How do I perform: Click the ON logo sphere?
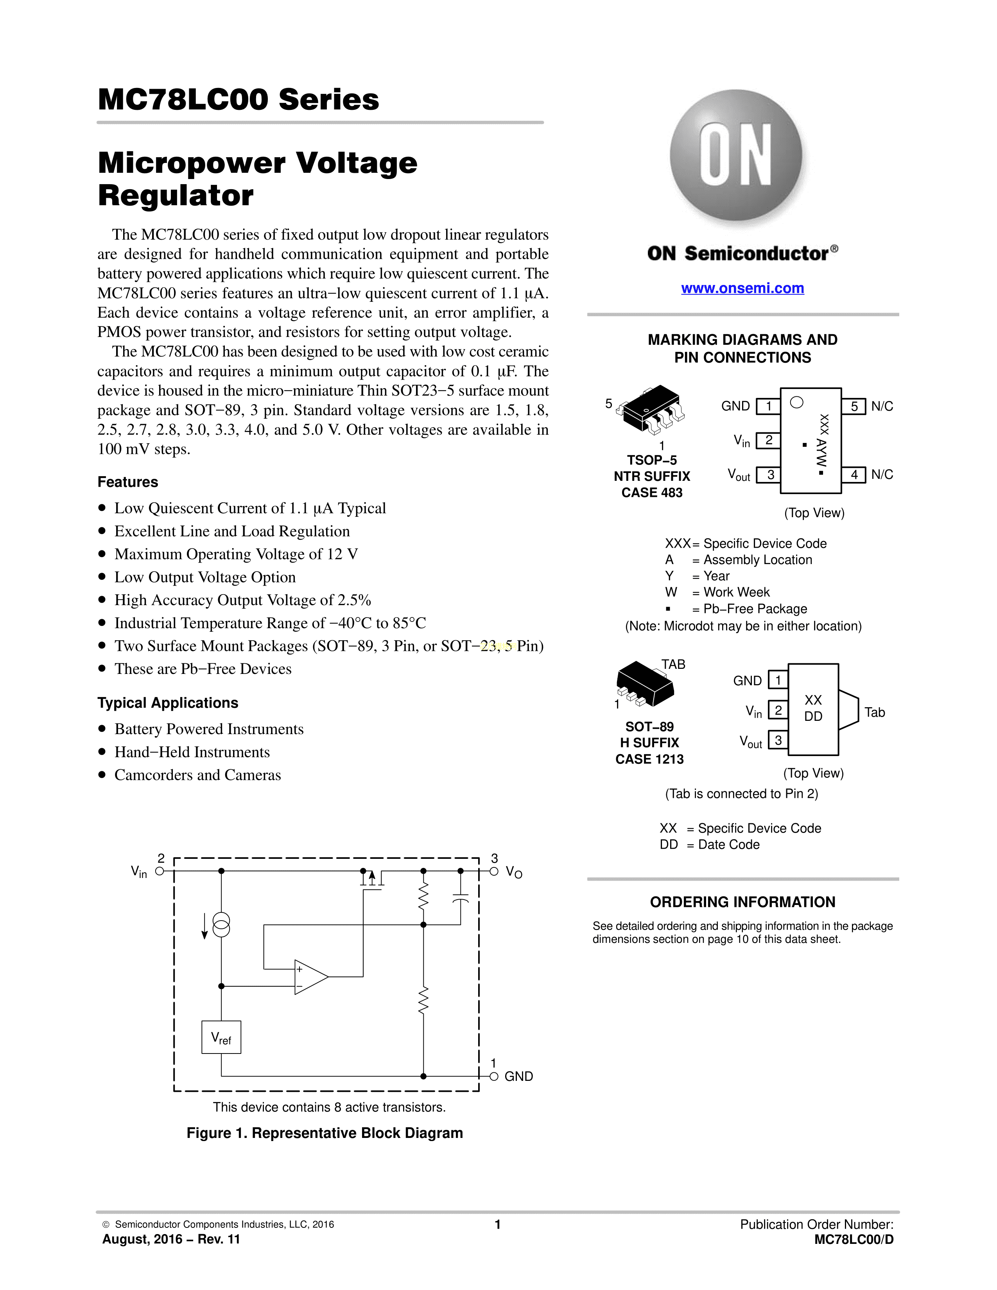[736, 156]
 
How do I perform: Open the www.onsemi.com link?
[742, 288]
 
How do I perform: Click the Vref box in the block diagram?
[221, 1037]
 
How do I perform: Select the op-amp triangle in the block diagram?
[311, 977]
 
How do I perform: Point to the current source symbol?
[221, 925]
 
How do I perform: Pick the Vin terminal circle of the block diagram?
[159, 871]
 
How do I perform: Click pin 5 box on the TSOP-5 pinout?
[854, 407]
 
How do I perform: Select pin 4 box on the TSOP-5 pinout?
[854, 474]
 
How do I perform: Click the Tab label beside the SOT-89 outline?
[875, 712]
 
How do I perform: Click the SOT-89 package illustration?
[645, 684]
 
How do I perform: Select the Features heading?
[127, 482]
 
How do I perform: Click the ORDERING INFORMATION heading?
[742, 902]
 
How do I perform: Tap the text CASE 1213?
[650, 759]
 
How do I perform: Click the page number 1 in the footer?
[498, 1224]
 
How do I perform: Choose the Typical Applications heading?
[168, 703]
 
